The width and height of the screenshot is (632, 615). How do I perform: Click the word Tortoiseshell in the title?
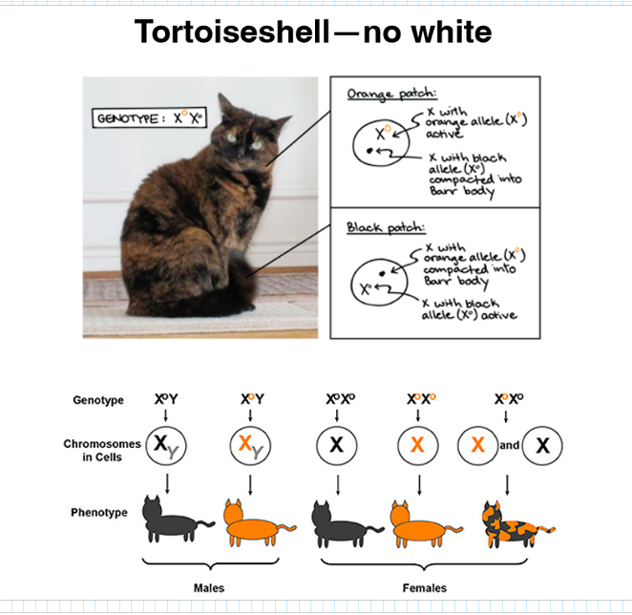point(233,32)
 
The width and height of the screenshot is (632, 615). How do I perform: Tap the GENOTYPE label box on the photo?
point(150,117)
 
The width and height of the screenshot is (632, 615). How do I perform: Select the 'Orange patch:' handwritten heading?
point(391,94)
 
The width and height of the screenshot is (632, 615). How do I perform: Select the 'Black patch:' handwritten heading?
point(386,228)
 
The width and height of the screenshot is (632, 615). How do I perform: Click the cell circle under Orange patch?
point(353,144)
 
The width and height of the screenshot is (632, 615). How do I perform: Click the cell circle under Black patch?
point(351,283)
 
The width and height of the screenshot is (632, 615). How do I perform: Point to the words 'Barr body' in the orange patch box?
point(462,191)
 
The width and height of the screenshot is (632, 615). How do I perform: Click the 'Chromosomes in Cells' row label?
point(102,450)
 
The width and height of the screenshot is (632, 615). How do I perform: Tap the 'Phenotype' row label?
point(99,513)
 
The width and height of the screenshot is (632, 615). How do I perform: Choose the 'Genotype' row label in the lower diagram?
point(98,400)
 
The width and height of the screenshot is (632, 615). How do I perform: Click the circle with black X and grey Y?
point(145,446)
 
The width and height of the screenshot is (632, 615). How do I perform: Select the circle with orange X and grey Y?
point(230,446)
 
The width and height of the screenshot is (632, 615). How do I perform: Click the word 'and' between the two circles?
point(510,445)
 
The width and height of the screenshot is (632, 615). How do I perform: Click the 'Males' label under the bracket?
point(209,588)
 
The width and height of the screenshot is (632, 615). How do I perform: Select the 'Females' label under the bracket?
point(425,588)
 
